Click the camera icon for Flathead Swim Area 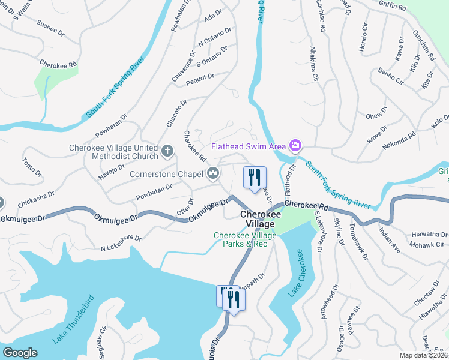pos(295,146)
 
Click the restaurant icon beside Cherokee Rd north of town pos(254,177)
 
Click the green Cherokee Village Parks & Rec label pos(246,239)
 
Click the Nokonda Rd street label pos(399,143)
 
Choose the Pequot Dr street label pos(200,77)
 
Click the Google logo pos(20,353)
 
